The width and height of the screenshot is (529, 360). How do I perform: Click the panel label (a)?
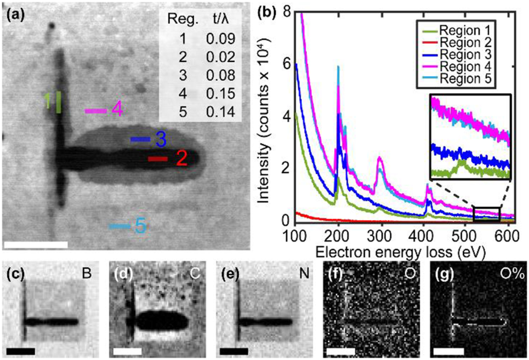pos(15,16)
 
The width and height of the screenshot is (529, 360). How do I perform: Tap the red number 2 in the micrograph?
pos(181,159)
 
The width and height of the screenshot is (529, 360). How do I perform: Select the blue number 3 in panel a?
pos(160,140)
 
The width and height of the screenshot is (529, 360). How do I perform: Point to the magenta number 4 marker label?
pos(117,110)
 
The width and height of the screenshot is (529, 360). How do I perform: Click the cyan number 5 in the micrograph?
pos(140,226)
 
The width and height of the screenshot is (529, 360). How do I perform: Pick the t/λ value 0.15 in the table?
pos(221,94)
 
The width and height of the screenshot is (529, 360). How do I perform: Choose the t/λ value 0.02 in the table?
pos(221,57)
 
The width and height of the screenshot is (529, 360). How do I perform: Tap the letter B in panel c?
pos(87,274)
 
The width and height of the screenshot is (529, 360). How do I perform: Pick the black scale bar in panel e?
pos(234,351)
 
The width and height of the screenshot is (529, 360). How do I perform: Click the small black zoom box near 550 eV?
pos(487,214)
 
